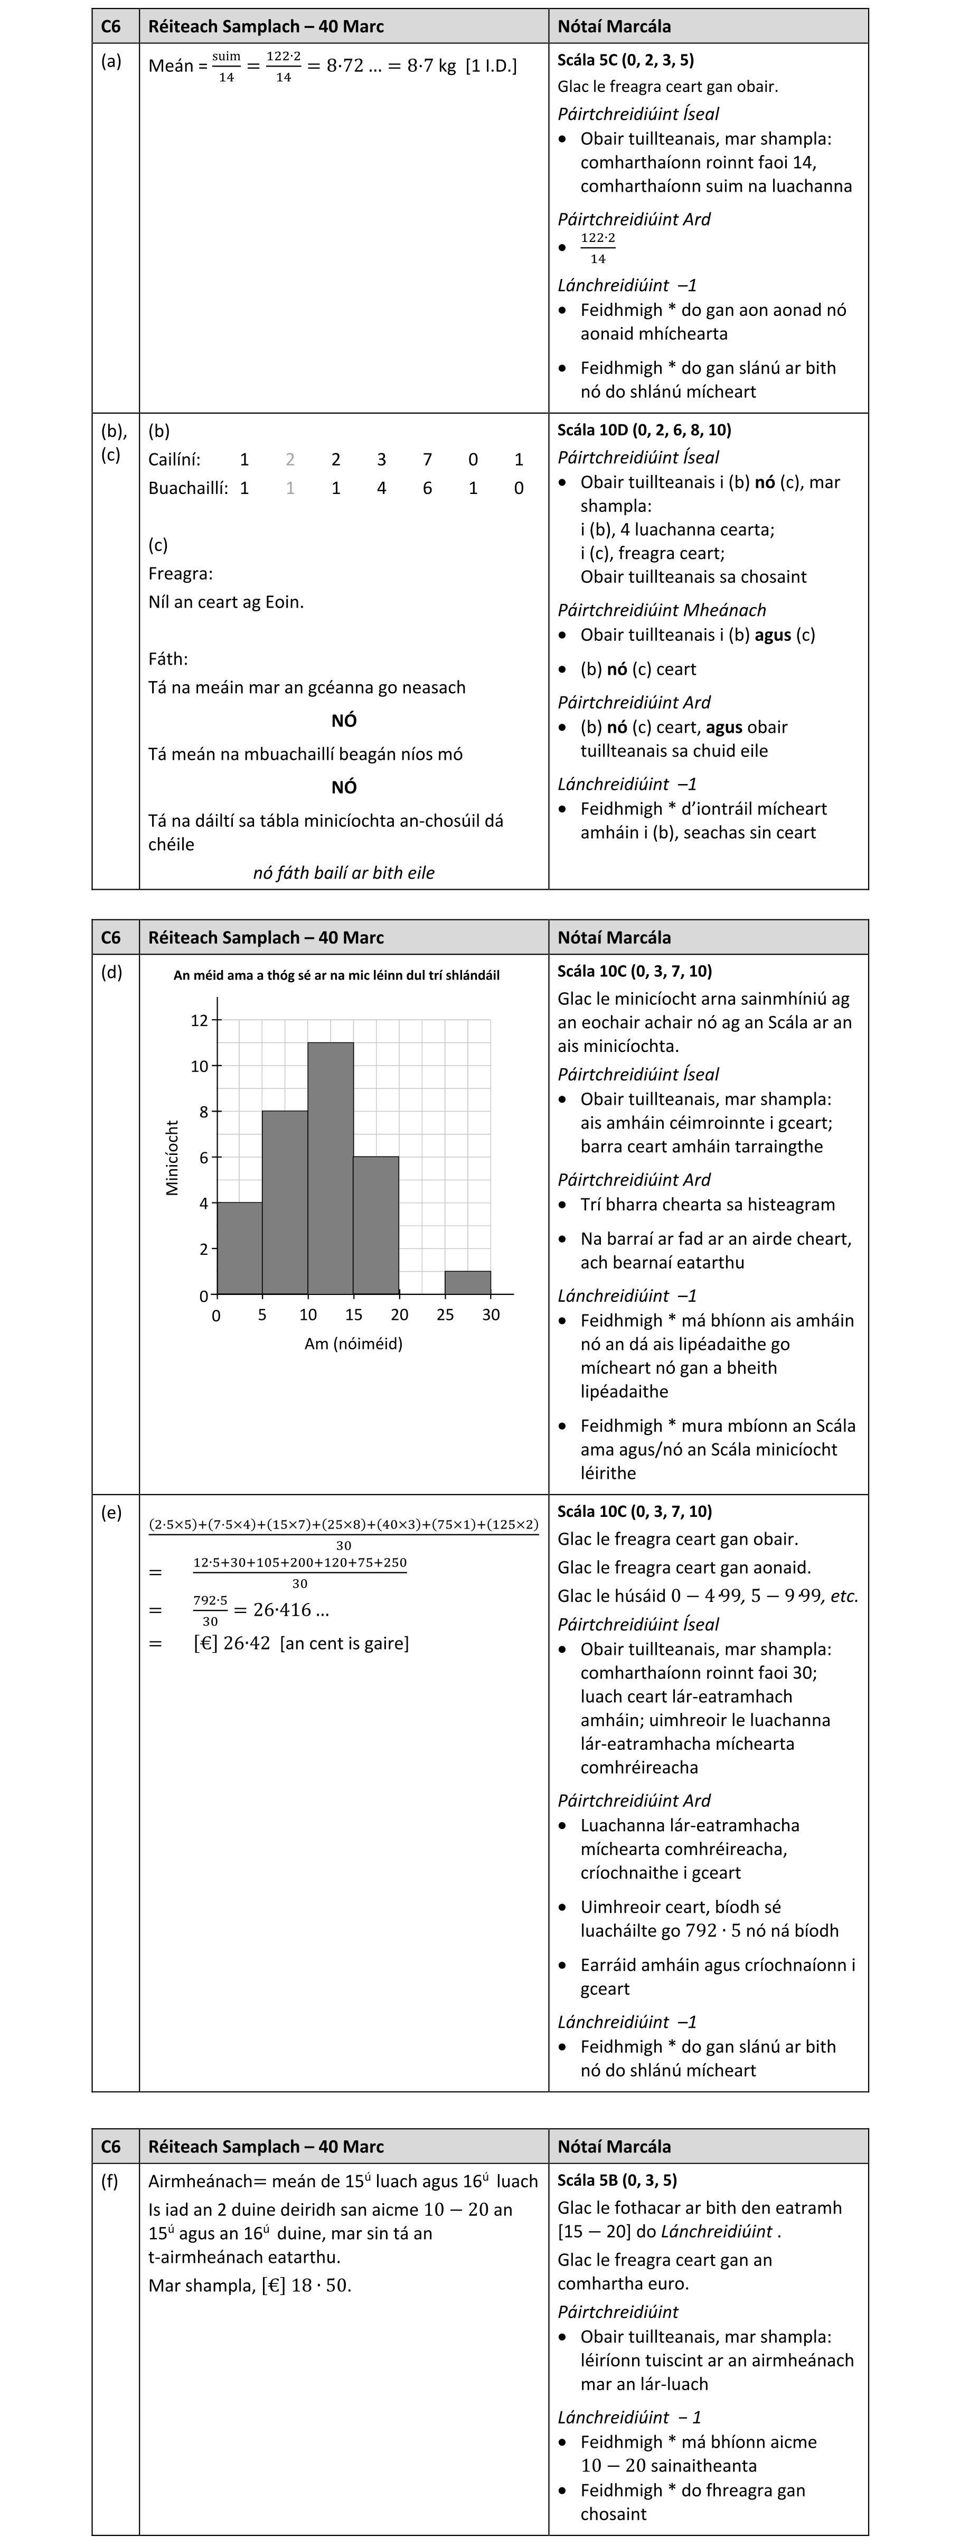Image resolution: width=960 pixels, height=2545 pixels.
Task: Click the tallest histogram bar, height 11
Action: coord(331,1168)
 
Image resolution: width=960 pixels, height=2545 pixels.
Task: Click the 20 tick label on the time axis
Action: coord(399,1315)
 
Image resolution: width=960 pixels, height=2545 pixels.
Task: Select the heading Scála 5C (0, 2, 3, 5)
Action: coord(625,60)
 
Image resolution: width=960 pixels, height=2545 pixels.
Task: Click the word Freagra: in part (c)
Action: coord(181,574)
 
